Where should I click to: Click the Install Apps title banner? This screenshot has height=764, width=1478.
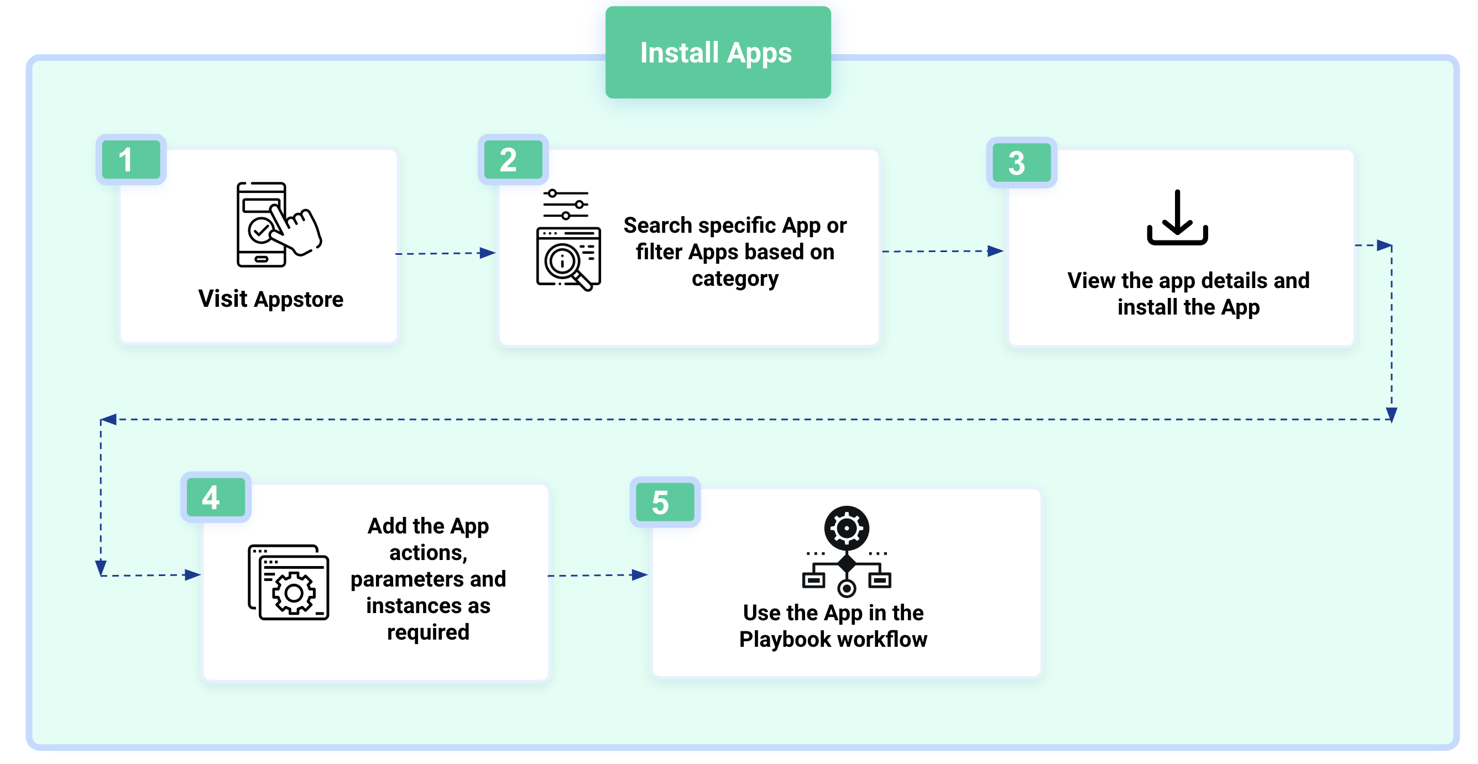717,53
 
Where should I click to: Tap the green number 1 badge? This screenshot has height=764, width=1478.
131,159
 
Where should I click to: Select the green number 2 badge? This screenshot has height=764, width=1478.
513,159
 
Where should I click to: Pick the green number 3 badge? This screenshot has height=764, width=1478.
1021,163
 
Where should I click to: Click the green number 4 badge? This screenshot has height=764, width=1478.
215,498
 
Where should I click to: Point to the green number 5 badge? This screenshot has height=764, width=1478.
665,503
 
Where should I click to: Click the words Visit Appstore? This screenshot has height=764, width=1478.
271,300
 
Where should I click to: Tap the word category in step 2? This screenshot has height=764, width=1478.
735,279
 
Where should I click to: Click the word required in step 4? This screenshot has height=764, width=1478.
428,632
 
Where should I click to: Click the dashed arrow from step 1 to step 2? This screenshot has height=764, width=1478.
445,253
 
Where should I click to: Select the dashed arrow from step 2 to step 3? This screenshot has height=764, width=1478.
942,251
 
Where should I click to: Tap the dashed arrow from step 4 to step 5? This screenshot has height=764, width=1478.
597,575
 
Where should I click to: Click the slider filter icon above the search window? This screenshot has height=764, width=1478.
566,205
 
